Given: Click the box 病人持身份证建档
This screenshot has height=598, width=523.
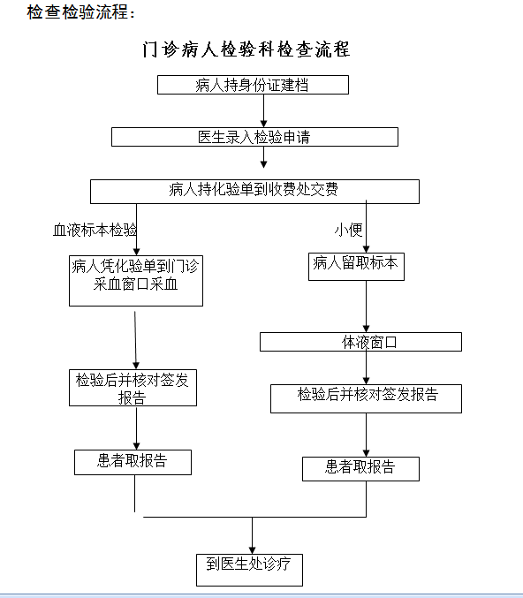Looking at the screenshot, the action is pos(253,85).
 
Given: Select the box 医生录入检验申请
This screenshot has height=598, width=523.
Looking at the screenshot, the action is pos(254,137).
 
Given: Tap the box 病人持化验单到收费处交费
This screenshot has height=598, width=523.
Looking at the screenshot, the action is pos(254,192).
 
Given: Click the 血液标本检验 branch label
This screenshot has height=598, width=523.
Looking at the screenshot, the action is pos(95,230).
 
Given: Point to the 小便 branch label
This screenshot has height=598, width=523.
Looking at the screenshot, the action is pos(348,230).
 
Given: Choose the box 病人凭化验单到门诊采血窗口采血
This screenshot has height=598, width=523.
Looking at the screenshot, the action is pos(136,281).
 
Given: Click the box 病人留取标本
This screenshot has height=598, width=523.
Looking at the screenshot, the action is pos(356,267).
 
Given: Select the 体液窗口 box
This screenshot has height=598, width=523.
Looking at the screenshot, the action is pos(360,342).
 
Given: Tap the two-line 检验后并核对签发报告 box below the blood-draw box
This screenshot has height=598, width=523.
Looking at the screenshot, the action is pos(133,388).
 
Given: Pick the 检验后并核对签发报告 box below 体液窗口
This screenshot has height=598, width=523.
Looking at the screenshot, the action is pos(366,398).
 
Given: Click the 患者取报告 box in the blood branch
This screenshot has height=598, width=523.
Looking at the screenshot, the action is pos(133,462).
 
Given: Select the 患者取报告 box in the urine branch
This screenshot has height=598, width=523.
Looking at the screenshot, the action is pos(360,469).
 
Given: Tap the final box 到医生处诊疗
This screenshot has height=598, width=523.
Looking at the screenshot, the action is pos(249,570).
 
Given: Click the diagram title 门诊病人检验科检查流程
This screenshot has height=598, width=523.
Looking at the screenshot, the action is pos(246,49).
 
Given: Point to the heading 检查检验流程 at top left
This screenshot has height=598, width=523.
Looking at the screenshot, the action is pos(81,12).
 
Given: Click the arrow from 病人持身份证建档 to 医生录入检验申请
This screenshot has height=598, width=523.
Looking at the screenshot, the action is pos(263,110).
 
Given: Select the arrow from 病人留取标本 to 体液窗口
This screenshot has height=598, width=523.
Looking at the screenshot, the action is pos(366,307).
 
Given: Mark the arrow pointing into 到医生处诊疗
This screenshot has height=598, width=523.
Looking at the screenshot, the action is pos(252,535).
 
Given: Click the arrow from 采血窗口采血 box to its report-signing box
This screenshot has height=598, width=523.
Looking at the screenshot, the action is pos(135,340).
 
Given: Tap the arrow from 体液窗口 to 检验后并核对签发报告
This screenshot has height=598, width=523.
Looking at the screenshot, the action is pos(366,367).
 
